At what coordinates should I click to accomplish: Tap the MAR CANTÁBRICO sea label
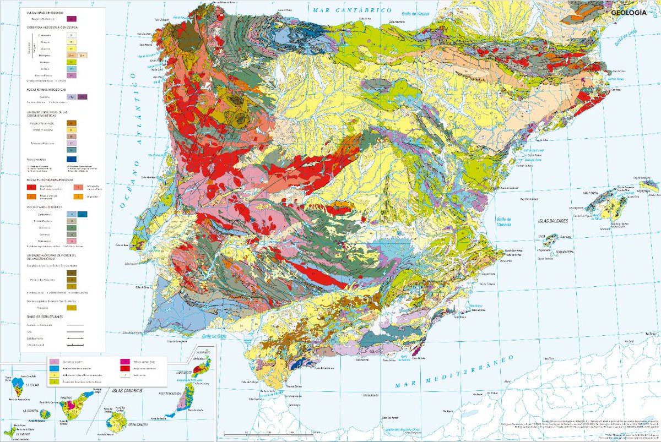[x=350, y=10]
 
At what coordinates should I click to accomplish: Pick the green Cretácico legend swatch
[x=72, y=62]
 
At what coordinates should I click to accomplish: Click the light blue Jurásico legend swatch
[x=72, y=68]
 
